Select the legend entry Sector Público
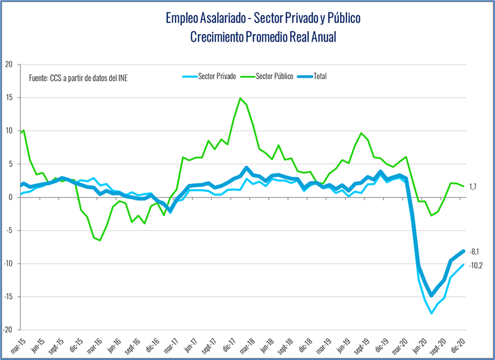click(x=274, y=76)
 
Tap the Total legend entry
click(x=319, y=76)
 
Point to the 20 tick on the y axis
click(x=9, y=65)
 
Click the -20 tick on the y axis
click(x=8, y=330)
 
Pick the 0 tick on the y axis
click(x=11, y=197)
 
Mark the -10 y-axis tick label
click(x=8, y=264)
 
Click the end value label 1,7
click(x=473, y=187)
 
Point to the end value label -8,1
click(x=475, y=251)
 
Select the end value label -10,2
click(x=476, y=265)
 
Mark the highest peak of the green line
click(x=240, y=98)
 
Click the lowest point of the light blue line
click(x=432, y=314)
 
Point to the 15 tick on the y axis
click(x=9, y=98)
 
